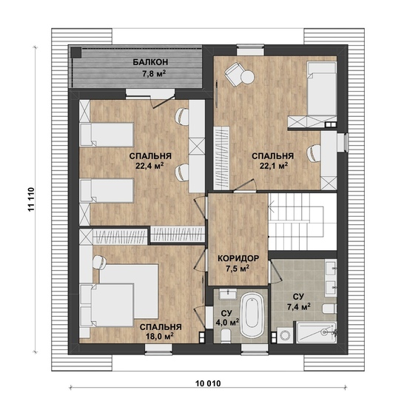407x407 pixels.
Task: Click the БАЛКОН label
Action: [x=150, y=62]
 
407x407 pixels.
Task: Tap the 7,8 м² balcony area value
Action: [x=154, y=74]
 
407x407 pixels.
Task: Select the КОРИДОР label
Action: [x=238, y=258]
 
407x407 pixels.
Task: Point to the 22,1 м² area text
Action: [x=274, y=166]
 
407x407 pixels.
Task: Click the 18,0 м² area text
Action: [x=159, y=337]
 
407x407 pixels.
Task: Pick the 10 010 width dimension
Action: [x=208, y=383]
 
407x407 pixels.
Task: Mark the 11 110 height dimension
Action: [x=31, y=199]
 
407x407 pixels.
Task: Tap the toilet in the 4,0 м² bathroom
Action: [x=225, y=334]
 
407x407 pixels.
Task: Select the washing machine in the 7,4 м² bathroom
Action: [x=285, y=335]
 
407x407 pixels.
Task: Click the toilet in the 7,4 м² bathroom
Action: [x=329, y=309]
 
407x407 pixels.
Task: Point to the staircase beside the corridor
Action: [x=303, y=222]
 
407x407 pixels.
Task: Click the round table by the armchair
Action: [x=247, y=77]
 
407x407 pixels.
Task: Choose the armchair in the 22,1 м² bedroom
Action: [x=235, y=74]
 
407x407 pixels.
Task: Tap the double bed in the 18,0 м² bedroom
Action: [x=119, y=298]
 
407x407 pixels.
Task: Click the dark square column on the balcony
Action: [x=76, y=53]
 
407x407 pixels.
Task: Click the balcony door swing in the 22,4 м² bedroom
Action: [x=163, y=102]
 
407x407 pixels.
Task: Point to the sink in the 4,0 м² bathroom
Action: [x=228, y=295]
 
